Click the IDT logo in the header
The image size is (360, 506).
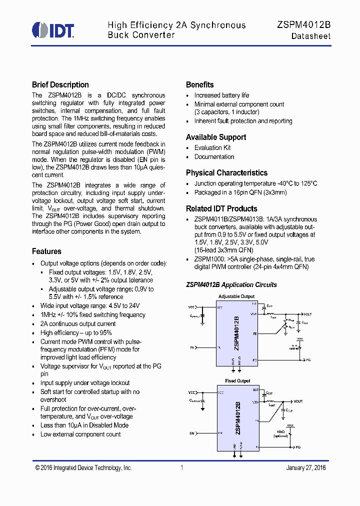tap(53, 30)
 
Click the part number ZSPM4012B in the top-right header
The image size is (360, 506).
tap(303, 25)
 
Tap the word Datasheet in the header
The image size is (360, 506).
tap(310, 36)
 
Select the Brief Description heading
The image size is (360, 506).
tap(60, 85)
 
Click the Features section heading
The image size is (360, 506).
tap(46, 251)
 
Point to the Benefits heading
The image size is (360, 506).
tap(199, 85)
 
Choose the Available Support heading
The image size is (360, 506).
tap(216, 137)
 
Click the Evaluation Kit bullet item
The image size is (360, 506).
tap(212, 148)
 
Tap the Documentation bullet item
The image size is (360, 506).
tap(214, 157)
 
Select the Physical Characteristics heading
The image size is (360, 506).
tap(226, 173)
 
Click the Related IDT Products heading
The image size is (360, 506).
tap(221, 209)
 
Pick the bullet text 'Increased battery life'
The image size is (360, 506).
tap(221, 95)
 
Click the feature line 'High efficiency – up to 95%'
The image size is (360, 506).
tap(76, 333)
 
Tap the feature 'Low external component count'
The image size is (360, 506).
tap(80, 434)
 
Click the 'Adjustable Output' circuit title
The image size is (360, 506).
tap(236, 296)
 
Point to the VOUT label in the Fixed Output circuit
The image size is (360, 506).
tap(298, 401)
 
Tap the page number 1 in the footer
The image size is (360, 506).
tap(182, 468)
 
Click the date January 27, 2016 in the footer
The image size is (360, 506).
tap(305, 468)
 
